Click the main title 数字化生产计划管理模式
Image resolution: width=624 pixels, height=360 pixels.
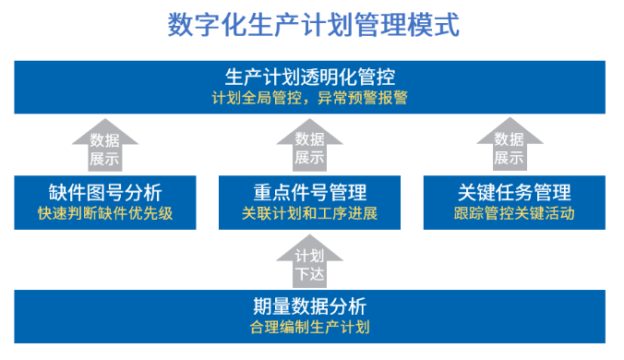[313, 24]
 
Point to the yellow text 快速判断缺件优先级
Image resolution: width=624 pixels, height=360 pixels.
[105, 214]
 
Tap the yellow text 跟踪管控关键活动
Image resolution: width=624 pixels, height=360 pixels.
[514, 214]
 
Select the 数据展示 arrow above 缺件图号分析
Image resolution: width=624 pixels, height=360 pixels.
[105, 148]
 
